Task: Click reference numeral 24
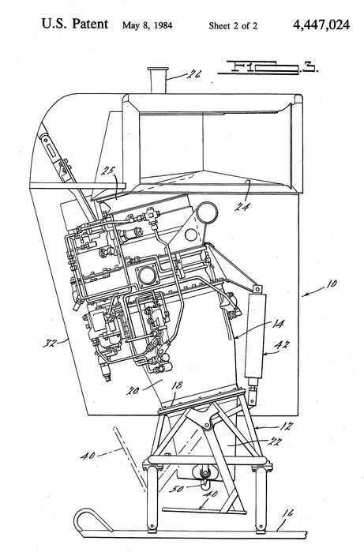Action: point(243,186)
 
